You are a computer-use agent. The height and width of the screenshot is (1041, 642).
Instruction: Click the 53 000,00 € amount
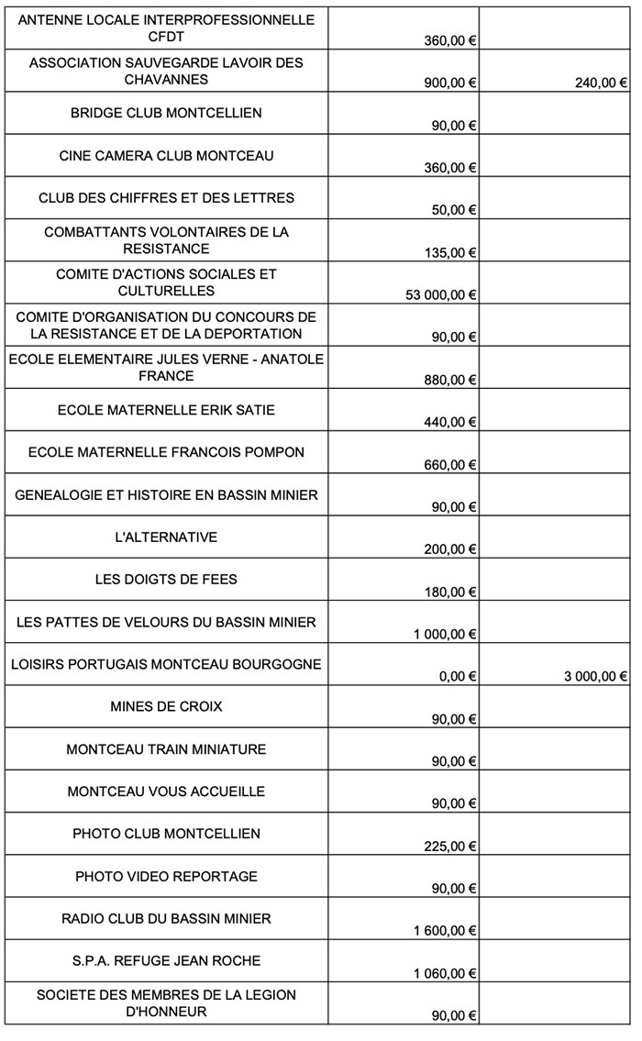(441, 294)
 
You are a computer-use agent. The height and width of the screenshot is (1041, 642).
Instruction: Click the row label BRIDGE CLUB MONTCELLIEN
(166, 113)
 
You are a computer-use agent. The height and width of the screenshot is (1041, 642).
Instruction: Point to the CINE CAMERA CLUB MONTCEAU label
(166, 156)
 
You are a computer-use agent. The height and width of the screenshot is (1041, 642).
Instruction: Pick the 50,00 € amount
(454, 210)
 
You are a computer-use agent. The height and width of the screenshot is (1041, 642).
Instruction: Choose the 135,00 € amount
(450, 252)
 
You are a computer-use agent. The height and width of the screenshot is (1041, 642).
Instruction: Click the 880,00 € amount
(450, 380)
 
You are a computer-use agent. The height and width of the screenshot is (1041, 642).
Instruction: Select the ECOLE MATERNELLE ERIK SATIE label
(166, 410)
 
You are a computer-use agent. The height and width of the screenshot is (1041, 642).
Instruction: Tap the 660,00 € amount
(450, 465)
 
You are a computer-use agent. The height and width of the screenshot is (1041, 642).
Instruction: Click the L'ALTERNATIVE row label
(166, 537)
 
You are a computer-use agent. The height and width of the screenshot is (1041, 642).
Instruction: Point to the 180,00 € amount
(450, 592)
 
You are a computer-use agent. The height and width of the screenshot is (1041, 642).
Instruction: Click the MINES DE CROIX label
(166, 707)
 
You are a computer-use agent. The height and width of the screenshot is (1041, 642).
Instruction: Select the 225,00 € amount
(450, 846)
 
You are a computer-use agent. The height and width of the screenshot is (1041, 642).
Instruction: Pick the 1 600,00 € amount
(445, 931)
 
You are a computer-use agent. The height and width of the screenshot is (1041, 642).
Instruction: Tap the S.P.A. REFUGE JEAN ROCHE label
(166, 961)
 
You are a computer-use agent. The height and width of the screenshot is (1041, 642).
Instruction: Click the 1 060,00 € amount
(445, 973)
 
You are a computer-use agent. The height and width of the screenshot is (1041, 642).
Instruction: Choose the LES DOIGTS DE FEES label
(166, 580)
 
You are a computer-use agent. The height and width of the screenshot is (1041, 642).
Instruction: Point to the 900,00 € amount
(450, 83)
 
